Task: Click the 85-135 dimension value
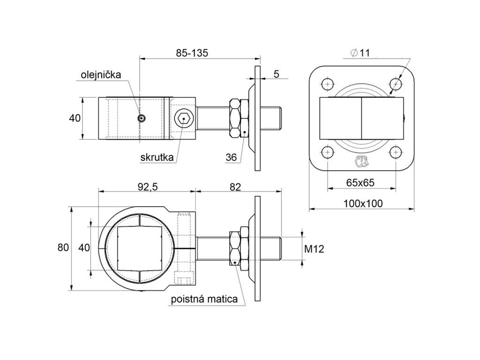(x=192, y=53)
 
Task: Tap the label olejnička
(x=101, y=75)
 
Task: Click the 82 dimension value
(x=235, y=186)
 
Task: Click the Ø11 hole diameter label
(x=360, y=53)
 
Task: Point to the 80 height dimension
(x=63, y=247)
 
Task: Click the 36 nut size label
(x=231, y=157)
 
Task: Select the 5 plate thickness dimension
(x=276, y=74)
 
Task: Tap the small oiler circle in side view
(x=141, y=119)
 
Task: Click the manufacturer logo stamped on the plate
(x=361, y=161)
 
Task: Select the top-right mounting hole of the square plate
(x=396, y=84)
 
